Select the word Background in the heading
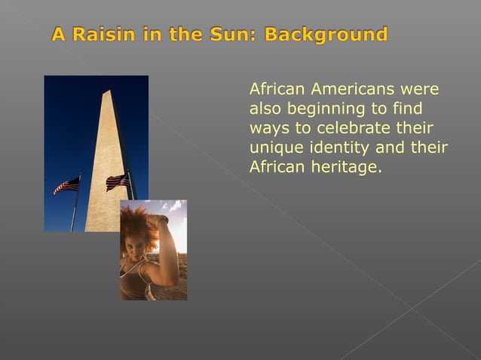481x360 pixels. (x=326, y=35)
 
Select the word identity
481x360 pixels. (x=337, y=147)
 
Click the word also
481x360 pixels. (x=265, y=109)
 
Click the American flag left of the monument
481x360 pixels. (x=66, y=185)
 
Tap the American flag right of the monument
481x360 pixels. (x=118, y=182)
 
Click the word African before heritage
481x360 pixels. (x=277, y=166)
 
